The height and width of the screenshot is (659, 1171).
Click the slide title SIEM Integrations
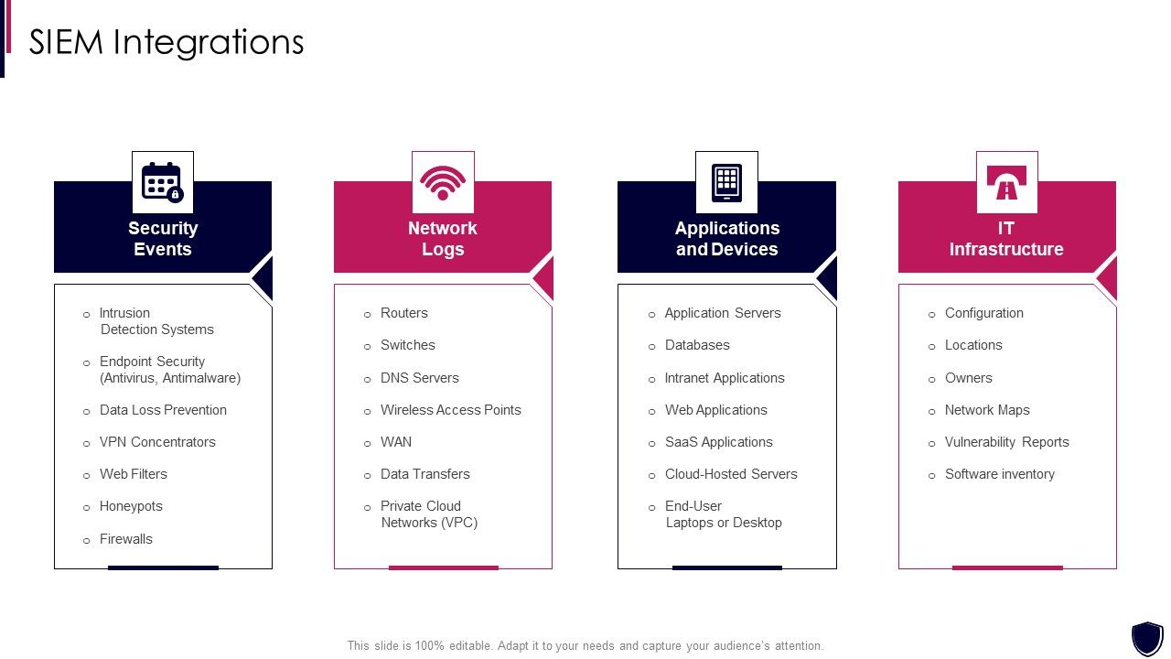(x=167, y=42)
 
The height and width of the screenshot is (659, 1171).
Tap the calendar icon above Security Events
(x=163, y=182)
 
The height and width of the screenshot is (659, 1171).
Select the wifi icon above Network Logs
(x=443, y=182)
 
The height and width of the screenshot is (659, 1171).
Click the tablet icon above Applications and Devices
(x=726, y=182)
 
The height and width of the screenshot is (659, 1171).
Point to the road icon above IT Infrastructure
(x=1006, y=182)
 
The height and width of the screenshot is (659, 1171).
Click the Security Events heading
(x=163, y=239)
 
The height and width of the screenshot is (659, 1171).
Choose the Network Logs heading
(x=443, y=239)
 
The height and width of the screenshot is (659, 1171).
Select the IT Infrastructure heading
(x=1006, y=239)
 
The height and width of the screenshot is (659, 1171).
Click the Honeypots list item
(x=131, y=506)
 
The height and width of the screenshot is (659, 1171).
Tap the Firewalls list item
(x=126, y=539)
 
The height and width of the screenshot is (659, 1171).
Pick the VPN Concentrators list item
(x=157, y=442)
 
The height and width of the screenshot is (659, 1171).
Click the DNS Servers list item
(x=420, y=378)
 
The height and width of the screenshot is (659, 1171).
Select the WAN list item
(x=396, y=442)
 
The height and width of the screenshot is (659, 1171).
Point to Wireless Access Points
(x=451, y=410)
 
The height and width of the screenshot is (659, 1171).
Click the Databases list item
(x=697, y=345)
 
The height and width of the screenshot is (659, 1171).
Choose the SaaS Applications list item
(x=719, y=442)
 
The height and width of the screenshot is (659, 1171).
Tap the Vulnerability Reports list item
(x=1006, y=442)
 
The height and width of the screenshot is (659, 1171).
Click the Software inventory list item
(x=1000, y=474)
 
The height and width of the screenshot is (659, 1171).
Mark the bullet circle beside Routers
(x=368, y=314)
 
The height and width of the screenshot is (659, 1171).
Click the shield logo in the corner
(x=1147, y=638)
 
